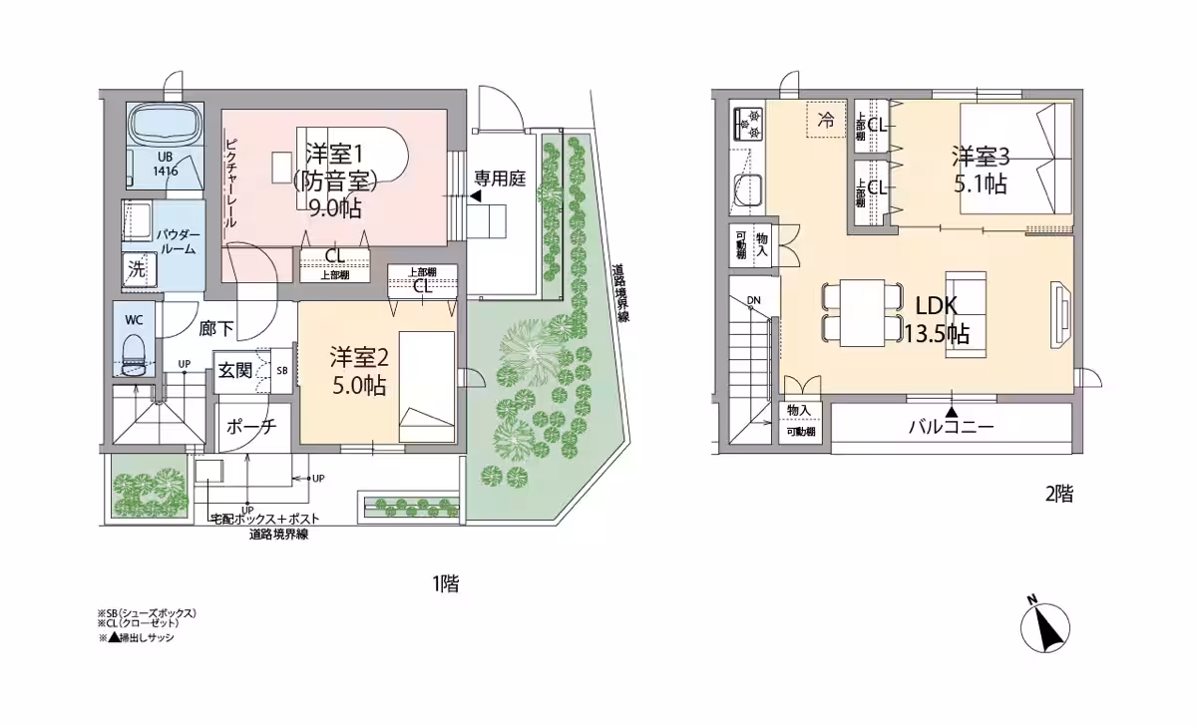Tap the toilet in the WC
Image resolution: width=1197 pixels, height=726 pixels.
coord(134,350)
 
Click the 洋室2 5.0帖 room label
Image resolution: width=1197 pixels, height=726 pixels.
coord(359,371)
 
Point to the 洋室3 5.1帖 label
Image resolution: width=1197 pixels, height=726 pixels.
coord(980,170)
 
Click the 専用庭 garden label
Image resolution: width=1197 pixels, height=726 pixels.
coord(499,180)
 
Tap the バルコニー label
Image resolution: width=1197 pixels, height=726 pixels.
coord(951,427)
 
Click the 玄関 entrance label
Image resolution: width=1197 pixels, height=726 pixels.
coord(234,371)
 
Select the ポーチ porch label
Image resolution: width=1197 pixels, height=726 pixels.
coord(251,426)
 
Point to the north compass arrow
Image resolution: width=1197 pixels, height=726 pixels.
coord(1044,626)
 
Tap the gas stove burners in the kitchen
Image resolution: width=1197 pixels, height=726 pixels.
coord(749,124)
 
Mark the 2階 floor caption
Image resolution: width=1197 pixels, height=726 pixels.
coord(1058,494)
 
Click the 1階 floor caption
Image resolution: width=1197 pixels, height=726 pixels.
coord(446,584)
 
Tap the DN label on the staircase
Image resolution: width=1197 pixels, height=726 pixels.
coord(754,300)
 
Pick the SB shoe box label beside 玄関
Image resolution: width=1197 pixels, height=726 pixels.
coord(282,371)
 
